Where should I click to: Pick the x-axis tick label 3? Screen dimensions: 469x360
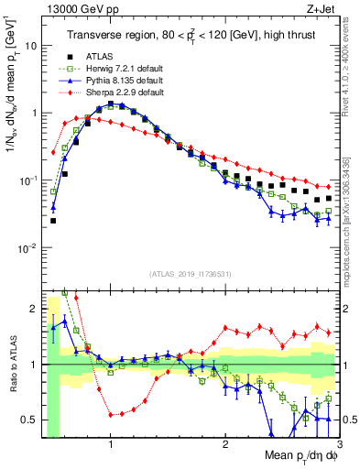click(x=339, y=442)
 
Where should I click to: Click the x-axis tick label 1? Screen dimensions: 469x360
click(x=111, y=442)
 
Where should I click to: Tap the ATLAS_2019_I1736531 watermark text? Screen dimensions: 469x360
click(x=190, y=274)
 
